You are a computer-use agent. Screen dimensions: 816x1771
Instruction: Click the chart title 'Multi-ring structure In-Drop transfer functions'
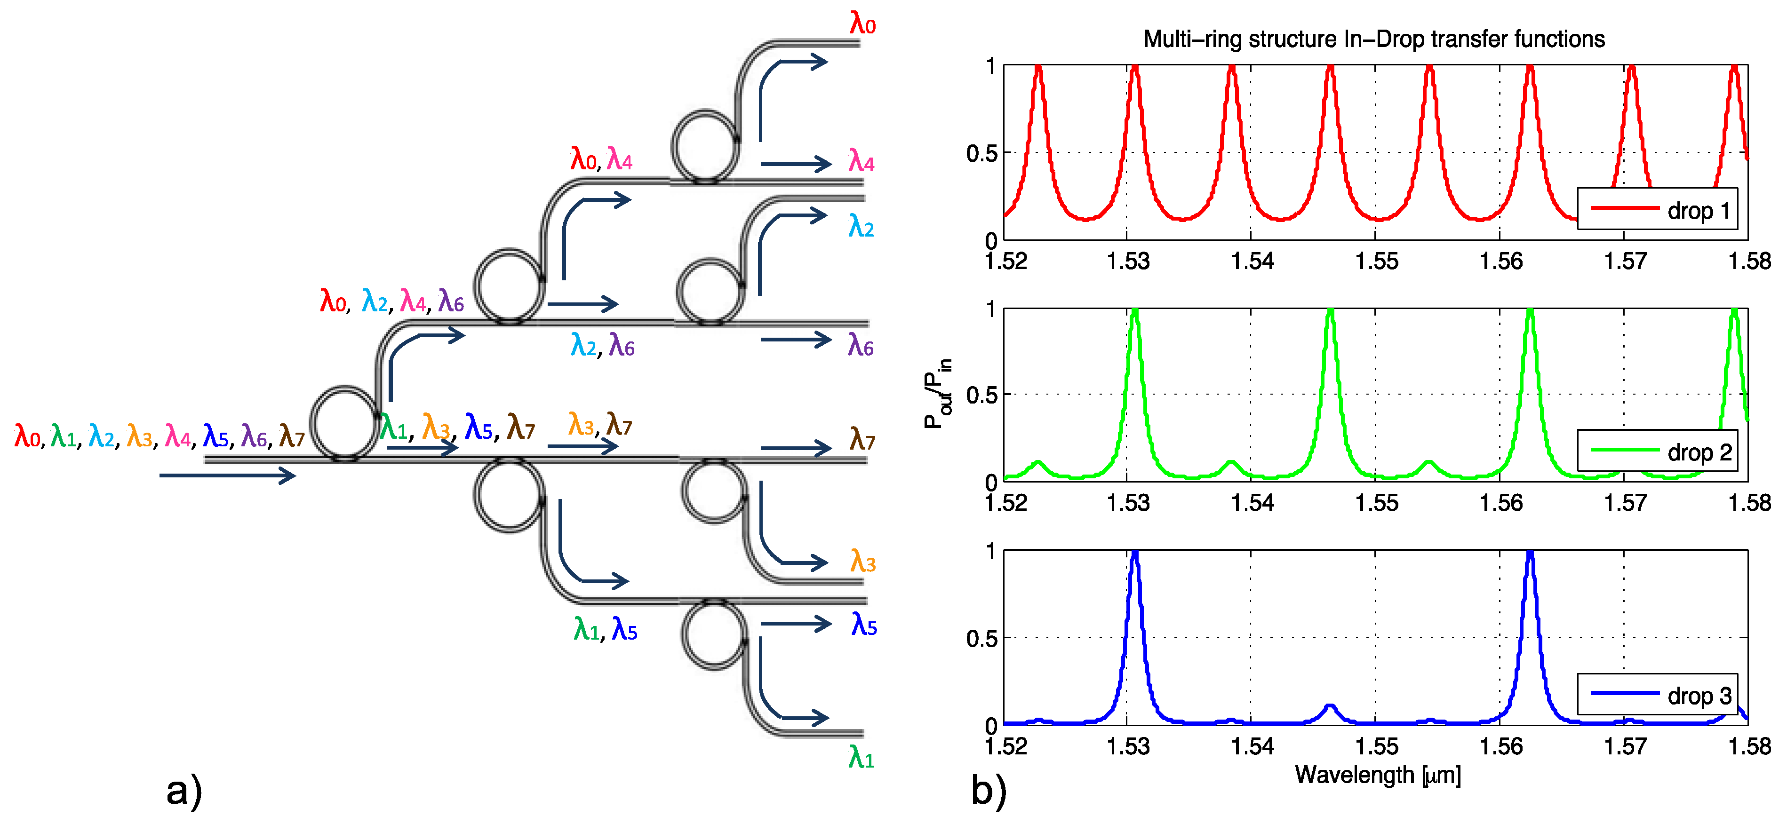point(1373,39)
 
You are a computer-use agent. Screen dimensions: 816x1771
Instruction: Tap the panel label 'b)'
point(988,791)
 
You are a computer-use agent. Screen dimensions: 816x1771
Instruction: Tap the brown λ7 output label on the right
point(862,439)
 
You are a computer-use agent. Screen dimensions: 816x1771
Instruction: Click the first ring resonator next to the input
point(344,422)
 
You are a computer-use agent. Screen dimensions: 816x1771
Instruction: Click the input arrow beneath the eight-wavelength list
point(227,475)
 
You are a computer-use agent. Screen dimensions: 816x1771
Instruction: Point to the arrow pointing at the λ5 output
point(796,624)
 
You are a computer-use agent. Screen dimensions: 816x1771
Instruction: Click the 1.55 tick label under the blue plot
point(1376,746)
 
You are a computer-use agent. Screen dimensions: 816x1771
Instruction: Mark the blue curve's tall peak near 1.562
point(1530,554)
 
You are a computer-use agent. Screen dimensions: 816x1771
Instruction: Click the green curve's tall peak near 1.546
point(1331,313)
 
